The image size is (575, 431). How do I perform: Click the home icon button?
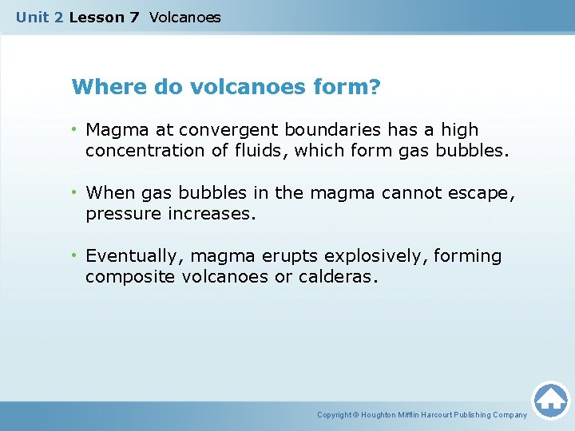[x=550, y=400]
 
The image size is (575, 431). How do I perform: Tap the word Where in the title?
[x=101, y=86]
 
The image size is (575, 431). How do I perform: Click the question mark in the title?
[x=375, y=86]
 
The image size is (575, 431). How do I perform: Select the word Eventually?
[x=135, y=256]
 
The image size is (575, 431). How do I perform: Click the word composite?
[x=125, y=277]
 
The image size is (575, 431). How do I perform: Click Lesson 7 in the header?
[x=105, y=17]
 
